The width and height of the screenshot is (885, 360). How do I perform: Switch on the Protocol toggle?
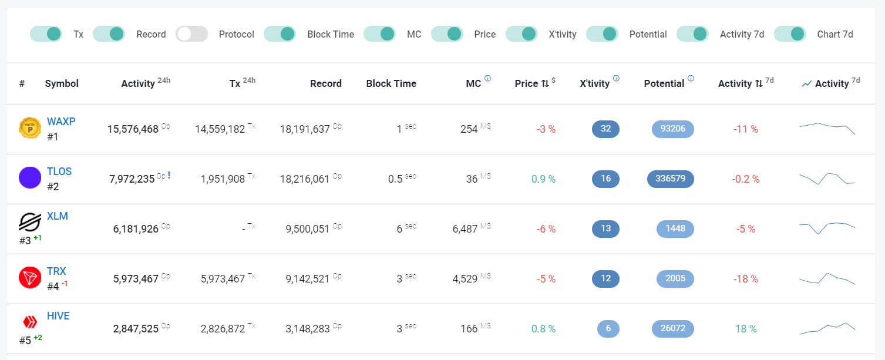191,34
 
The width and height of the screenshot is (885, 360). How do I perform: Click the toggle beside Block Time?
280,34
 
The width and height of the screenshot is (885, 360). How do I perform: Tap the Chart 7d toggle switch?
790,34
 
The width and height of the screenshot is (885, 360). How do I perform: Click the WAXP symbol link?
61,122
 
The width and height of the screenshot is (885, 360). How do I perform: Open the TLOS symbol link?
59,171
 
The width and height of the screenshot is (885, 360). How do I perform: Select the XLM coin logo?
30,221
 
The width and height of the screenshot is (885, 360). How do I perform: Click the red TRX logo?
30,277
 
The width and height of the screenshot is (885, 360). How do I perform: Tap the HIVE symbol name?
58,316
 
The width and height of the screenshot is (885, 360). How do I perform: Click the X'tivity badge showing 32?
605,129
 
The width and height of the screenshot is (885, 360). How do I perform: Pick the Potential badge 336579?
671,179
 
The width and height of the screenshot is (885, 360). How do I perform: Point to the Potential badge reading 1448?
675,229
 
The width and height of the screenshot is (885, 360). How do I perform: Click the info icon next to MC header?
488,78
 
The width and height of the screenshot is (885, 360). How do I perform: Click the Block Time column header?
391,83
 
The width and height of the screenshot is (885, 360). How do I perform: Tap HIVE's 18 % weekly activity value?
746,329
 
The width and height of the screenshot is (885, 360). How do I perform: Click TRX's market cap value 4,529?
465,279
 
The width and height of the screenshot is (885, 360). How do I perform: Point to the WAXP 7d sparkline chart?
827,129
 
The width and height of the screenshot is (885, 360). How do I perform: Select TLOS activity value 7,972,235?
132,179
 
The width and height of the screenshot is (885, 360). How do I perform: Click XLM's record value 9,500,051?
307,229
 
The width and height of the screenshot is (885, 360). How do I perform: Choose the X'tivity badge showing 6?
608,329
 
